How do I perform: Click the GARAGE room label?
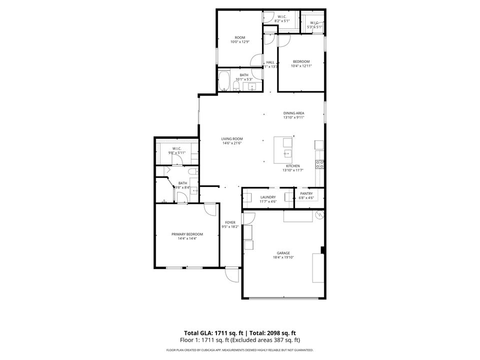pos(283,253)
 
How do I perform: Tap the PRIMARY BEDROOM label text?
pos(187,234)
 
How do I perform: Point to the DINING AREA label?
pos(293,113)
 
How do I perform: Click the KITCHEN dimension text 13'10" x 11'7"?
pos(293,170)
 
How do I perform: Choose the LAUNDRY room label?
pos(268,197)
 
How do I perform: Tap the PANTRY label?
pos(306,193)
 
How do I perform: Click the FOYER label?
pos(230,222)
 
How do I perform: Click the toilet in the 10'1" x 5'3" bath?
pos(235,87)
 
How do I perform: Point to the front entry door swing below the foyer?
pos(231,274)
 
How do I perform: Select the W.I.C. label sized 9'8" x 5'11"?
pos(177,148)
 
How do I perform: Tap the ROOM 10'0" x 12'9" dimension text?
pos(240,42)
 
